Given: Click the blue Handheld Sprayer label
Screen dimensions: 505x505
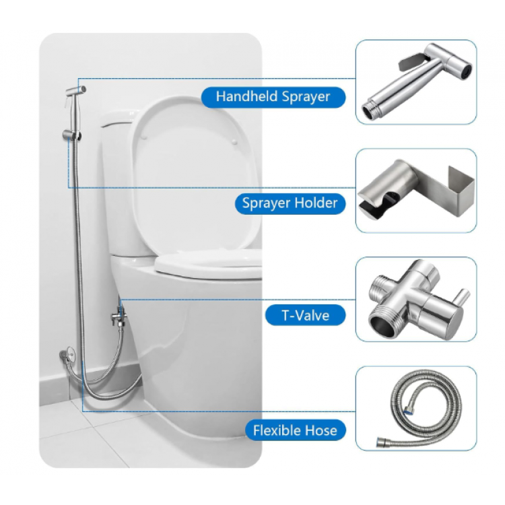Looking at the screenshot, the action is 273,97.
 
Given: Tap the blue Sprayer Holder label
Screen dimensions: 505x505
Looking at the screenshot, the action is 290,203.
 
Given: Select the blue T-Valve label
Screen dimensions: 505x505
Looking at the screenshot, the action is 305,315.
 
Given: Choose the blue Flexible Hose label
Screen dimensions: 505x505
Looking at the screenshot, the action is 295,430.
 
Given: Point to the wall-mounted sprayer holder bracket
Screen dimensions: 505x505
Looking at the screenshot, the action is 71,135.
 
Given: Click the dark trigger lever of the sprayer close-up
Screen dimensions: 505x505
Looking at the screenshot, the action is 411,62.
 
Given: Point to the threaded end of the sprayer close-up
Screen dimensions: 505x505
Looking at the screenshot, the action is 371,110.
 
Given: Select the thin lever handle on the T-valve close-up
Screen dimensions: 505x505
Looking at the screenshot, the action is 463,298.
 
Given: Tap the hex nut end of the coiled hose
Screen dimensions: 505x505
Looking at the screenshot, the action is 382,442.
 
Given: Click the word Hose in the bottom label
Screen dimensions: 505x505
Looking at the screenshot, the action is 321,430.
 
